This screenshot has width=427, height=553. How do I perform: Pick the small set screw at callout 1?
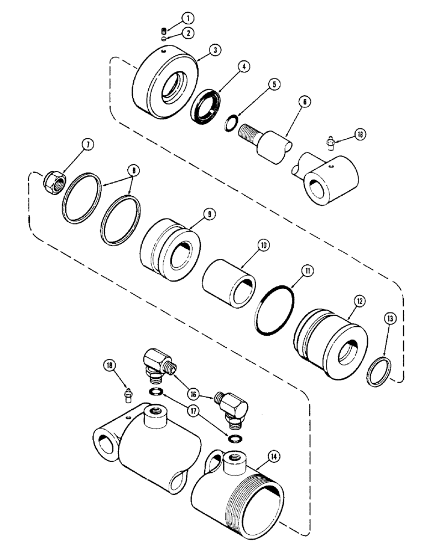click(x=163, y=30)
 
